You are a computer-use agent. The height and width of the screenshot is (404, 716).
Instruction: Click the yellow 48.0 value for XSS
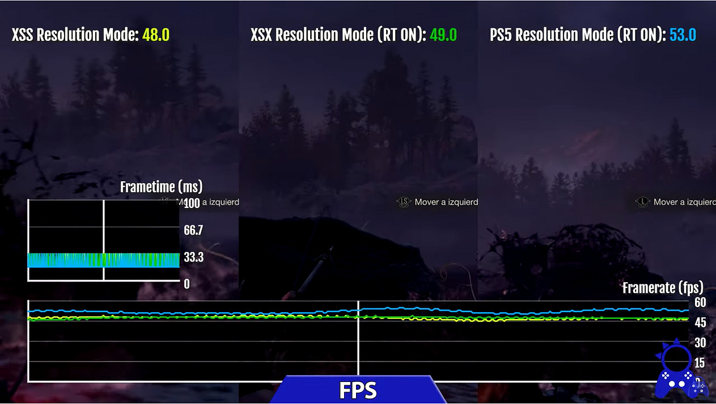(156, 35)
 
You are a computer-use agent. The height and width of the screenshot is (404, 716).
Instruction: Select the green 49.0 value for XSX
(443, 35)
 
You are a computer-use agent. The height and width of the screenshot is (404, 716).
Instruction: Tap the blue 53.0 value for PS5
(683, 35)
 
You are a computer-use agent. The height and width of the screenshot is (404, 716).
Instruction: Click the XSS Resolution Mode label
(75, 35)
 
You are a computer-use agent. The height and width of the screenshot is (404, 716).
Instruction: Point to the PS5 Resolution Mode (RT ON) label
(577, 35)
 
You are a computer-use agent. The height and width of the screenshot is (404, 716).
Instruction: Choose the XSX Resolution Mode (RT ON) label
(338, 35)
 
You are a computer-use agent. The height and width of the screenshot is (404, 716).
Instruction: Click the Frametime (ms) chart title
(161, 186)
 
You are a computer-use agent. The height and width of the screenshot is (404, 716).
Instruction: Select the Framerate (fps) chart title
(663, 287)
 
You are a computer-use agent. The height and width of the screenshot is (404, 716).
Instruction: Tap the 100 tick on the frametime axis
(192, 203)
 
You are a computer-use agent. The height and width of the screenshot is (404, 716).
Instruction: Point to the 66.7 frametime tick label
(193, 230)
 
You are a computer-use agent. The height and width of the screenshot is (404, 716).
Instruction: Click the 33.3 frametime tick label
(193, 258)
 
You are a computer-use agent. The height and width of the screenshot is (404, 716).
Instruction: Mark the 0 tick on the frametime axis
(187, 284)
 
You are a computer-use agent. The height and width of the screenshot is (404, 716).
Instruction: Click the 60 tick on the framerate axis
(700, 303)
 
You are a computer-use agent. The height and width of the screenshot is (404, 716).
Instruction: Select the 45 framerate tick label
(700, 322)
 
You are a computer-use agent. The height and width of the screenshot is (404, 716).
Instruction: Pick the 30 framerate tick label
(700, 343)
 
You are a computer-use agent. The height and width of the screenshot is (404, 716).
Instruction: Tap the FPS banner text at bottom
(358, 390)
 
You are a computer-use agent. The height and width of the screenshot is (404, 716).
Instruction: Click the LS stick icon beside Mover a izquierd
(404, 202)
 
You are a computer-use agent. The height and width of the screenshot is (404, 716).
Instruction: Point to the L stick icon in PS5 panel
(642, 202)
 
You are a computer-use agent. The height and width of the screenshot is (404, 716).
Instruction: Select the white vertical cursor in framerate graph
(358, 340)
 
